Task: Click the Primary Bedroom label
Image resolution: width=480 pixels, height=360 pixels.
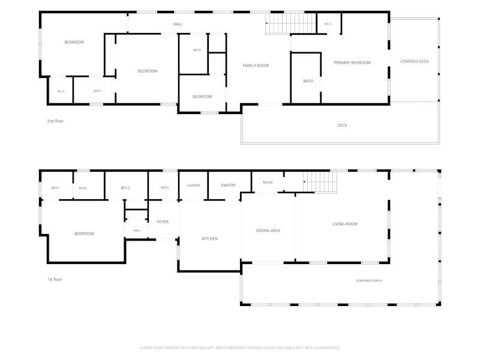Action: click(x=352, y=63)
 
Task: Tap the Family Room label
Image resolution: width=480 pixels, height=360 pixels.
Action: click(x=256, y=65)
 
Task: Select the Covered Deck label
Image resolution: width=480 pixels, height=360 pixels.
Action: click(x=415, y=62)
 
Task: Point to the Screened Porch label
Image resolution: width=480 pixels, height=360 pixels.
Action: click(x=369, y=281)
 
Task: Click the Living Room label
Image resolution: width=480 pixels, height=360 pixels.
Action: click(x=344, y=224)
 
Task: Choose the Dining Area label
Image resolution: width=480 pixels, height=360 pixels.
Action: click(x=268, y=230)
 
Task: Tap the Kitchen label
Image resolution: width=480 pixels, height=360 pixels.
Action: click(x=209, y=238)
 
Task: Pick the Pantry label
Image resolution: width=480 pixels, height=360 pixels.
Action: click(x=229, y=185)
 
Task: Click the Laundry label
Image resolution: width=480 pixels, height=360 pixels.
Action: click(x=193, y=185)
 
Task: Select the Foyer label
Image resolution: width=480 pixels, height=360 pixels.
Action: click(x=163, y=222)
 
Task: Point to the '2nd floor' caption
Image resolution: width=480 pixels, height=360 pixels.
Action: click(x=55, y=121)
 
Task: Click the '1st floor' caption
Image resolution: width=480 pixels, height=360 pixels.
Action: click(x=55, y=279)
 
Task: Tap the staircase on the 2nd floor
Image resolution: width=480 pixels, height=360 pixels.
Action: click(x=290, y=23)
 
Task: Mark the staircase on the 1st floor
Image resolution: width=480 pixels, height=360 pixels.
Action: click(x=320, y=182)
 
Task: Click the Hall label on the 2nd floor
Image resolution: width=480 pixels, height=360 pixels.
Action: click(x=178, y=24)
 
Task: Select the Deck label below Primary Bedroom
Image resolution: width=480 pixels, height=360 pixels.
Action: click(x=342, y=125)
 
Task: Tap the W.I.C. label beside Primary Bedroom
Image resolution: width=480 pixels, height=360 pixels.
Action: click(x=328, y=24)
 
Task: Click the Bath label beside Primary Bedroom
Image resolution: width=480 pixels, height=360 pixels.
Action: click(x=308, y=81)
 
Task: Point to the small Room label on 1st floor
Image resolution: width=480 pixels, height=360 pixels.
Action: click(x=268, y=182)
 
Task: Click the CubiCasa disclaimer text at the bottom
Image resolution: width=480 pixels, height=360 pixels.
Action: click(x=239, y=348)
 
